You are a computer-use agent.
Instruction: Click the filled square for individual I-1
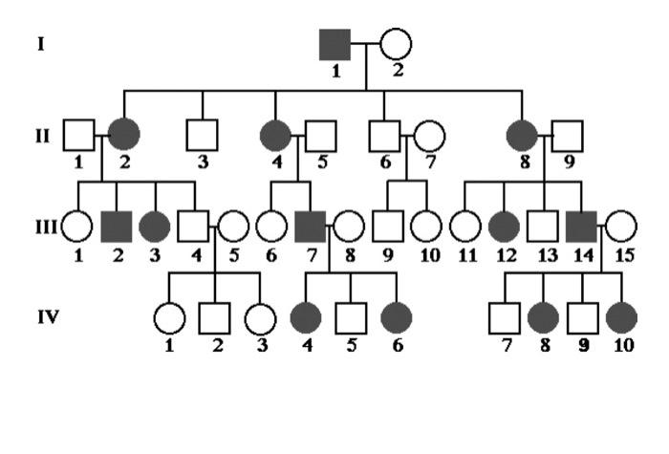(334, 44)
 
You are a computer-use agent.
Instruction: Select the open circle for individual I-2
(395, 44)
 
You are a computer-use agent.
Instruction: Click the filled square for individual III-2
(115, 227)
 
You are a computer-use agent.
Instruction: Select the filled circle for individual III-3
(155, 227)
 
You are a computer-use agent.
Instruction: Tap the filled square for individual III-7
(310, 227)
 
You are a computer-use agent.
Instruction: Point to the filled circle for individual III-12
(504, 227)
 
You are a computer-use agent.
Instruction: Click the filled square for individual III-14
(581, 227)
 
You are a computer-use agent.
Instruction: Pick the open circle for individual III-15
(621, 227)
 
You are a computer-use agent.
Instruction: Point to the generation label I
(40, 44)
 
